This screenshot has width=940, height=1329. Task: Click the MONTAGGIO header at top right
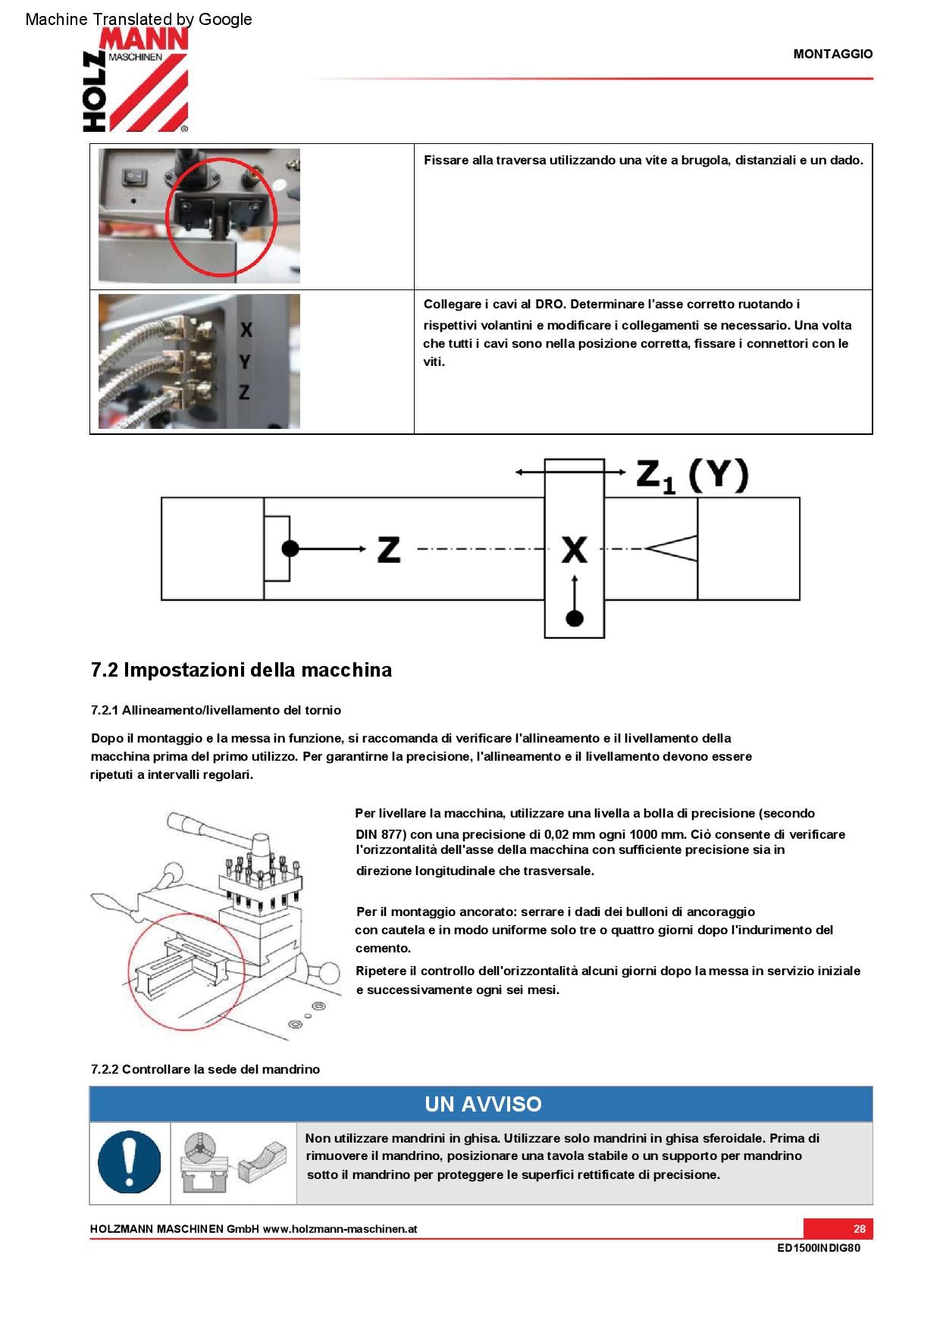[x=832, y=55]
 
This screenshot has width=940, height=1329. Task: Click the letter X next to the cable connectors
[x=246, y=330]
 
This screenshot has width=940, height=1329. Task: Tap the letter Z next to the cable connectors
[x=244, y=392]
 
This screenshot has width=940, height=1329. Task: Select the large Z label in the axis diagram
[x=388, y=549]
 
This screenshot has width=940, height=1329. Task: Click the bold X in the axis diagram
[x=575, y=549]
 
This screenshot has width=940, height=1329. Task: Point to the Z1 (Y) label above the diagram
[x=691, y=477]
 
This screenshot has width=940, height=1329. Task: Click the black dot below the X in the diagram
[x=575, y=618]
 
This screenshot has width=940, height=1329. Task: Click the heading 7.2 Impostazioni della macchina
[x=241, y=671]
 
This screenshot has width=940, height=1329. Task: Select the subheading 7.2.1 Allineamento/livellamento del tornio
[x=215, y=711]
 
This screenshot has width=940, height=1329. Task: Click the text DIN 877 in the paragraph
[x=381, y=834]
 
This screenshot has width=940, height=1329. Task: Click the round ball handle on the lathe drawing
[x=330, y=973]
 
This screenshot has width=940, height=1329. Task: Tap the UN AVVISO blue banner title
[x=482, y=1104]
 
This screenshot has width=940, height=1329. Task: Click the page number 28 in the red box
[x=859, y=1229]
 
